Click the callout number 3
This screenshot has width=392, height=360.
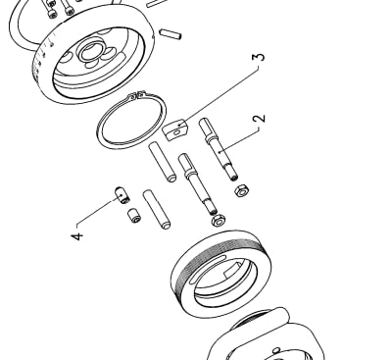(x=259, y=57)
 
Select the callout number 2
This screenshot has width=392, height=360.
(x=259, y=119)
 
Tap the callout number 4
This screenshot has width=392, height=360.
(x=77, y=236)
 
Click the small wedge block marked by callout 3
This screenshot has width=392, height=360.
(x=175, y=129)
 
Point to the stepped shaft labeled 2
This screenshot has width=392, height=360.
(x=219, y=149)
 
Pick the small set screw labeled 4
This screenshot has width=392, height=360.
(x=122, y=195)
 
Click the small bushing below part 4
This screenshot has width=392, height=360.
(x=134, y=216)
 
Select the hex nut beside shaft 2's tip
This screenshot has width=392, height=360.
(x=242, y=190)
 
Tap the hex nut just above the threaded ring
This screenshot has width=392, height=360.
(x=218, y=221)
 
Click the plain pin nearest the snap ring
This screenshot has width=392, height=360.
(x=163, y=162)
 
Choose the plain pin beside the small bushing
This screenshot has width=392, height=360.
(x=157, y=210)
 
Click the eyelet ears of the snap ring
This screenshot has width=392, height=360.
(x=137, y=95)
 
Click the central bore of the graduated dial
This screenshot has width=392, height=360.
(x=89, y=52)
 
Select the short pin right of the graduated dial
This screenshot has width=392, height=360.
(x=170, y=34)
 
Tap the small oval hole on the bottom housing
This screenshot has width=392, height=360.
(x=276, y=350)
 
